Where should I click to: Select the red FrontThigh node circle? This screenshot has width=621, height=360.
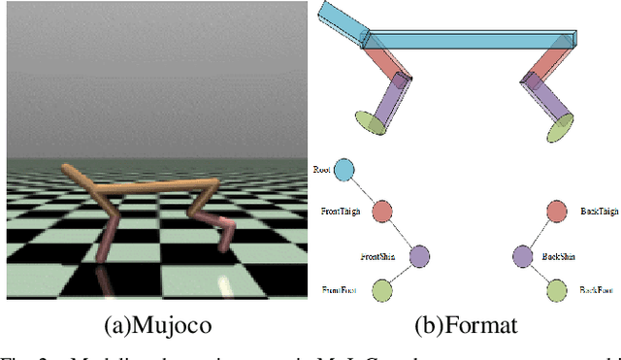tap(382, 212)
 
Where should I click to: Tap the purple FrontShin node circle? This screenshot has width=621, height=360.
tap(419, 257)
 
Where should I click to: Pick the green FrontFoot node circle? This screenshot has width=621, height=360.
tap(382, 289)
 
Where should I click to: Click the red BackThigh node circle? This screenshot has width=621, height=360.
tap(557, 212)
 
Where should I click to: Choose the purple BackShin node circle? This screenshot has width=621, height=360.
tap(522, 257)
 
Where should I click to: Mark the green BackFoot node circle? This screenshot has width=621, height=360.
tap(557, 289)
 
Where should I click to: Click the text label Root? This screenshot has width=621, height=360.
tap(323, 170)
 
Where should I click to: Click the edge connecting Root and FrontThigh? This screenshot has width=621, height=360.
tap(365, 191)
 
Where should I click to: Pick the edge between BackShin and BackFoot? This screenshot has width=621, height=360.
tap(539, 274)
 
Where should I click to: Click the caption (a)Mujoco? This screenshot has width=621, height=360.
tap(156, 325)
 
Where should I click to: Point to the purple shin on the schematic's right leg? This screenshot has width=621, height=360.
tap(545, 99)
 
